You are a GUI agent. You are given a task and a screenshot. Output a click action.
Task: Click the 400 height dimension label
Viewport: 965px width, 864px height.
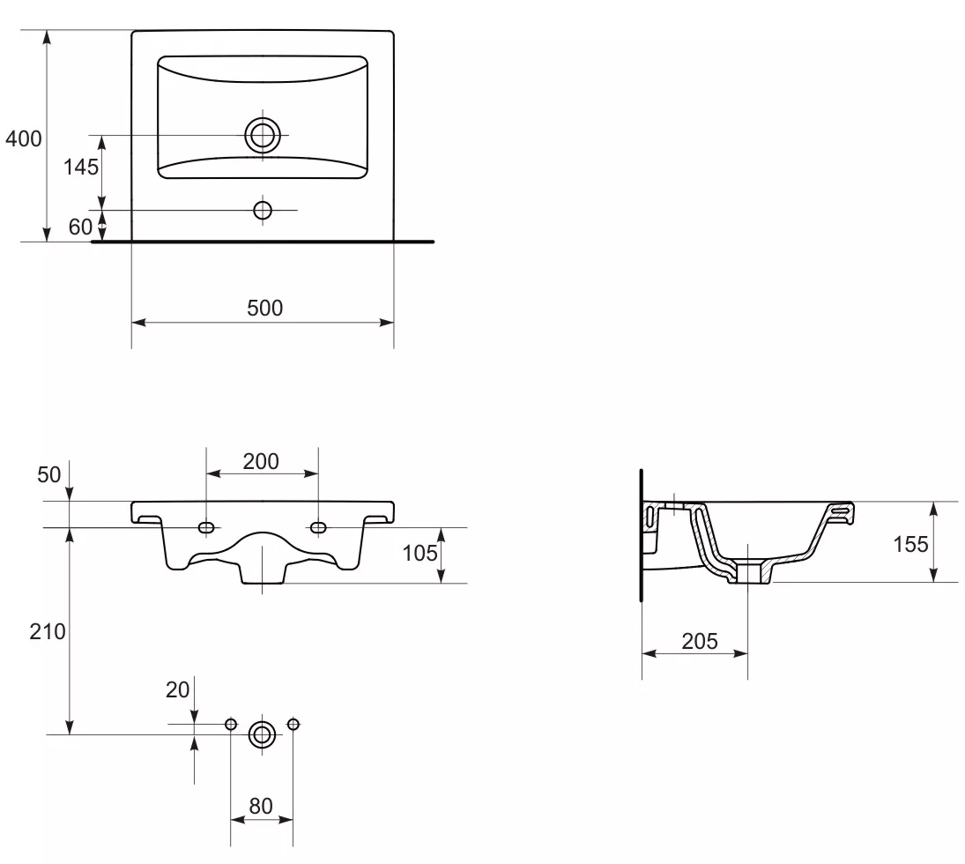click(x=24, y=138)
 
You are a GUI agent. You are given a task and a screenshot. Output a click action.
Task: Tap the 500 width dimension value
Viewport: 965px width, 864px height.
click(x=264, y=308)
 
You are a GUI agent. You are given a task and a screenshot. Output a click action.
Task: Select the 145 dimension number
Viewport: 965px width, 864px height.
click(x=80, y=167)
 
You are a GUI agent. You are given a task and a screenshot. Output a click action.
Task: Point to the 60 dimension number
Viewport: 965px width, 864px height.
click(x=80, y=227)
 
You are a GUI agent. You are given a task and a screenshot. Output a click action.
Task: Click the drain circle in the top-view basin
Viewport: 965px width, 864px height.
click(x=263, y=135)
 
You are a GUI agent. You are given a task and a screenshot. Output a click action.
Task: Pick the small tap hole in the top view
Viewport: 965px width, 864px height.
click(x=263, y=210)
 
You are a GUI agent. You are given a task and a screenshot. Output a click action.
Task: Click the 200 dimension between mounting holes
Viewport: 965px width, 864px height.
click(x=261, y=461)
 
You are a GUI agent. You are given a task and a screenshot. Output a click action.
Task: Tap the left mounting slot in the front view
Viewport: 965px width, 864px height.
click(x=206, y=527)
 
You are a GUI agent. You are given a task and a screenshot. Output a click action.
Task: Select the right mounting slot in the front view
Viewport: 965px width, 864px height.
click(x=318, y=527)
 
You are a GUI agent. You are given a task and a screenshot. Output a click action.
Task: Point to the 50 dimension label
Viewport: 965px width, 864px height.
click(x=49, y=475)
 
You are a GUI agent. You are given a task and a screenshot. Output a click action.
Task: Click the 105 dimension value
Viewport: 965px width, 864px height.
click(x=419, y=553)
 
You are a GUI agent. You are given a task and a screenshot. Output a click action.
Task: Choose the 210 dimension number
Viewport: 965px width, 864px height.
click(x=48, y=631)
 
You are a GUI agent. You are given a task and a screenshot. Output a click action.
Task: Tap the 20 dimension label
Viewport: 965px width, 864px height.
click(x=177, y=689)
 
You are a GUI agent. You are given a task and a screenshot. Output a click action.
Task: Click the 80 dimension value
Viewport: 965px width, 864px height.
click(x=261, y=806)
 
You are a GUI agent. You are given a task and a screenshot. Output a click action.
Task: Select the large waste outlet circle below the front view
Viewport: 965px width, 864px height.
click(x=262, y=734)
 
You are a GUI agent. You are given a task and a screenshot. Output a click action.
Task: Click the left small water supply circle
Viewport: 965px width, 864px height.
click(x=231, y=724)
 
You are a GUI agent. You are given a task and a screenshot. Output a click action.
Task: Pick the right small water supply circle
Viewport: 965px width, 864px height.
click(x=293, y=724)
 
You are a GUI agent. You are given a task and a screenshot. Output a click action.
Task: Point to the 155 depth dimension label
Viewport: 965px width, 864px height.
click(x=910, y=544)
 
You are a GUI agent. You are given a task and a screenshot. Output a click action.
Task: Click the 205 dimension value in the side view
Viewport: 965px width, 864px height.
click(x=700, y=641)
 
